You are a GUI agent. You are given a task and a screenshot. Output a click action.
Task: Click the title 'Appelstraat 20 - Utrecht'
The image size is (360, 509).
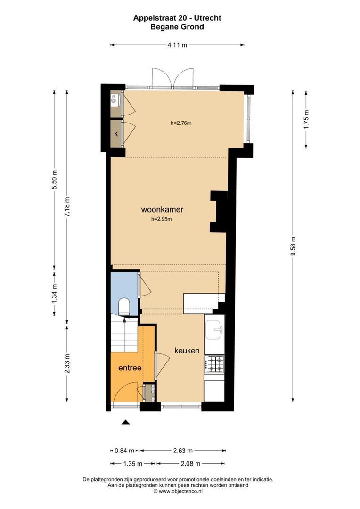click(x=177, y=18)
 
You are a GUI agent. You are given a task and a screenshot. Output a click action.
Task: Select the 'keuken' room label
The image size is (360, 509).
click(x=187, y=351)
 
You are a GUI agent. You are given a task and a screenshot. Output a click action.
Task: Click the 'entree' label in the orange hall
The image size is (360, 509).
click(x=130, y=368)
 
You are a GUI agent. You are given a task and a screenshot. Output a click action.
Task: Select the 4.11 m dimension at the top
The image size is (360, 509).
click(x=177, y=45)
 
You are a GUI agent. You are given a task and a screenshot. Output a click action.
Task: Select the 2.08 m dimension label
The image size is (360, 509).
click(x=191, y=464)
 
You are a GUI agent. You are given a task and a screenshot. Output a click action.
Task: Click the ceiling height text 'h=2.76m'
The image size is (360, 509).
click(x=181, y=123)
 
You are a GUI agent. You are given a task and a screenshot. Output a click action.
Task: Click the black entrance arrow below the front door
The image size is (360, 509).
click(x=125, y=422)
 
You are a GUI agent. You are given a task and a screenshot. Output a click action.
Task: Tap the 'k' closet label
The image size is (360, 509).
click(x=115, y=133)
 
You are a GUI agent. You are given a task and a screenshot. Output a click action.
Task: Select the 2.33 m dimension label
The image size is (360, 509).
click(x=67, y=363)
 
